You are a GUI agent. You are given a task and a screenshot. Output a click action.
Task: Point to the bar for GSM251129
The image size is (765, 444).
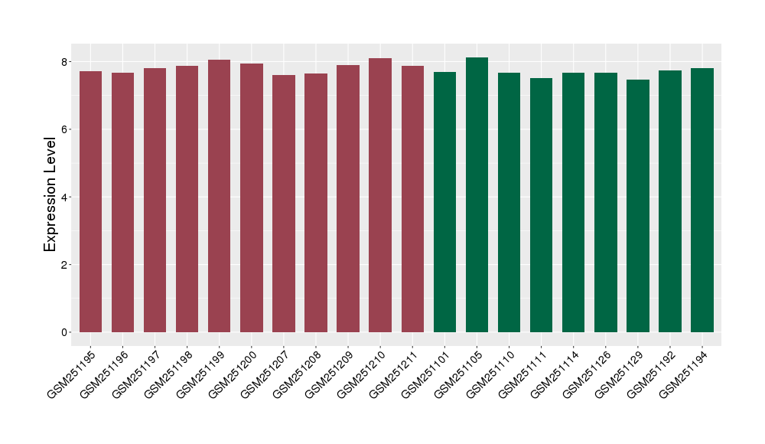pyautogui.click(x=637, y=206)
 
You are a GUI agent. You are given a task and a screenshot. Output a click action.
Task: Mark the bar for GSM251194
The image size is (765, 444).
pyautogui.click(x=702, y=200)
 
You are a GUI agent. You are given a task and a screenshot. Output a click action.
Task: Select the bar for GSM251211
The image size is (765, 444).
pyautogui.click(x=412, y=199)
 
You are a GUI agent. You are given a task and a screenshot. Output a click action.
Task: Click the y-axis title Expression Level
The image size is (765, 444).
pyautogui.click(x=50, y=194)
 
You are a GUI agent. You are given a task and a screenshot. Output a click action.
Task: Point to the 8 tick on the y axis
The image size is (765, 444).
pyautogui.click(x=66, y=61)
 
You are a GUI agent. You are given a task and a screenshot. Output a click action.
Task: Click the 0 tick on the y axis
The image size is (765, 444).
pyautogui.click(x=66, y=332)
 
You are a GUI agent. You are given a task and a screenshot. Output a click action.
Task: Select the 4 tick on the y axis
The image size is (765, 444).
pyautogui.click(x=66, y=197)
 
